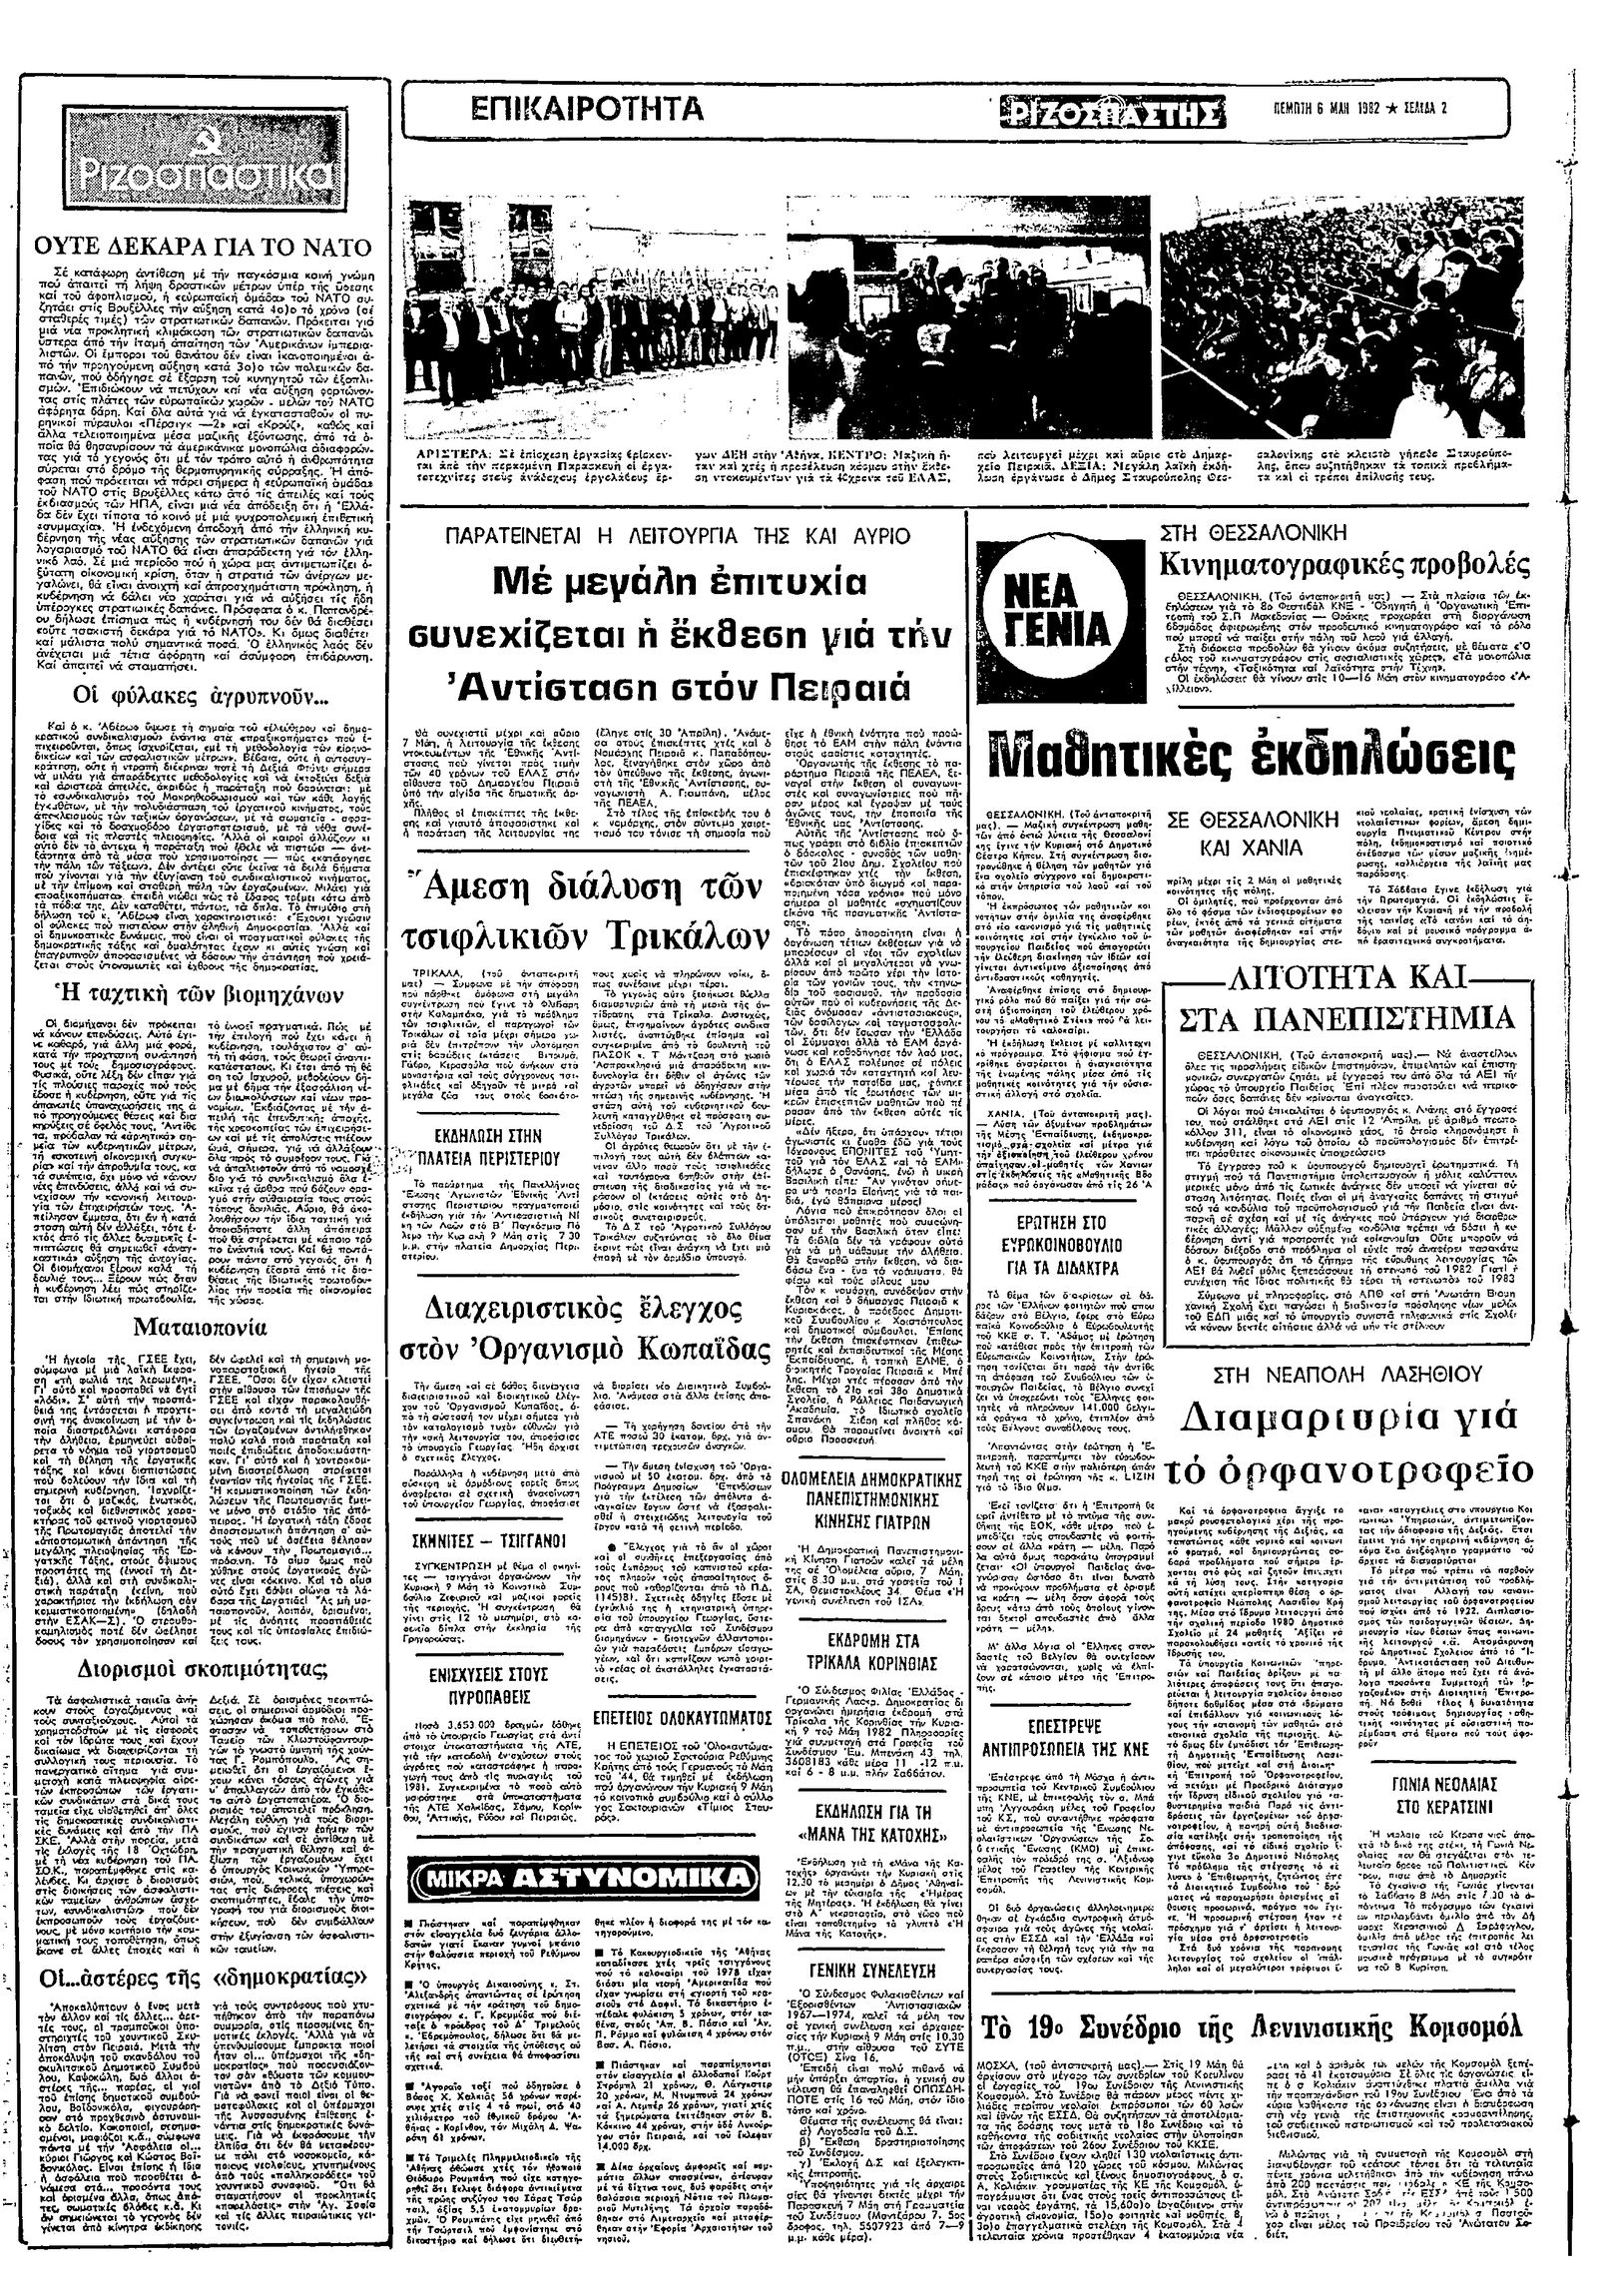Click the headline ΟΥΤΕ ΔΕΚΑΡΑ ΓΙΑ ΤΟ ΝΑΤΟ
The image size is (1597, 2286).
click(x=205, y=247)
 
